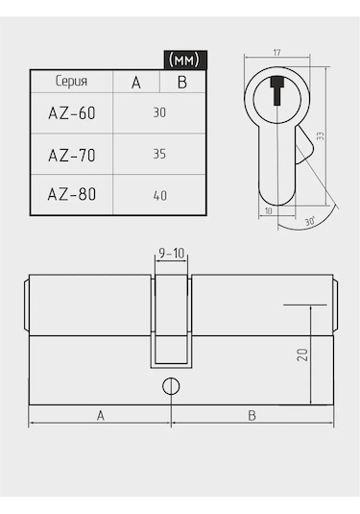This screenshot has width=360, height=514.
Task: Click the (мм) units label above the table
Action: coord(183,60)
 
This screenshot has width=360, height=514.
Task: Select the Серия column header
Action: coord(71,81)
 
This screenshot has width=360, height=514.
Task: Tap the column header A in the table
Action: coord(136,82)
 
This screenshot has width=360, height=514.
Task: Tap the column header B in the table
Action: coord(182,82)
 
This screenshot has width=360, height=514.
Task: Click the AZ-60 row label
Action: coord(72,113)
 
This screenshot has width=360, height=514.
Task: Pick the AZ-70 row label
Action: coord(72,155)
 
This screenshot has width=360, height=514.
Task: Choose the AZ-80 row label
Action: coord(72,194)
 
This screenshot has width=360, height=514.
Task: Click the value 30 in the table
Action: coord(159,112)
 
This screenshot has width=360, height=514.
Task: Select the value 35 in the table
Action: coord(159,154)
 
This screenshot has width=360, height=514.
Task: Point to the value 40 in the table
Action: coord(160,196)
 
